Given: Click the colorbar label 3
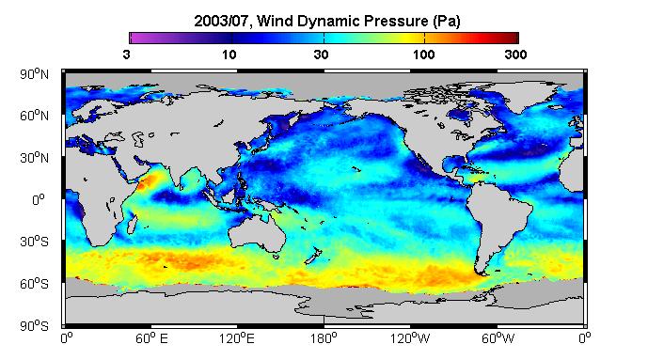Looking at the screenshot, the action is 126,55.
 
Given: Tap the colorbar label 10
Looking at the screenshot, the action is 229,55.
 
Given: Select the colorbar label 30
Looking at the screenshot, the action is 321,55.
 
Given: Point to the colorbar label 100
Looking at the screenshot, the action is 423,55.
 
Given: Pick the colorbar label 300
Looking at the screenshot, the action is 515,55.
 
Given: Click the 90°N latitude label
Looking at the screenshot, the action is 34,74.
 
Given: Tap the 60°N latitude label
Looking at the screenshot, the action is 34,116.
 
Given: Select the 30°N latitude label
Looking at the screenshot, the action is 34,157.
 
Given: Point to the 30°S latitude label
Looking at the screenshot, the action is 34,242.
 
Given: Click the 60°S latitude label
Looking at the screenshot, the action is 34,284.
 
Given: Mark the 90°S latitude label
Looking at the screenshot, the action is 34,326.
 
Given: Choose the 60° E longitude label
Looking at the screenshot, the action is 151,338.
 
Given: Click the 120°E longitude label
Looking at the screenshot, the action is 237,338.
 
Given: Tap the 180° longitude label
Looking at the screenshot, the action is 324,338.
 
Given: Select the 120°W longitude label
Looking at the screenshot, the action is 410,338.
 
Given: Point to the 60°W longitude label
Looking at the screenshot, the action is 498,338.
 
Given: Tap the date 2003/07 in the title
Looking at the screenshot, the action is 222,21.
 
